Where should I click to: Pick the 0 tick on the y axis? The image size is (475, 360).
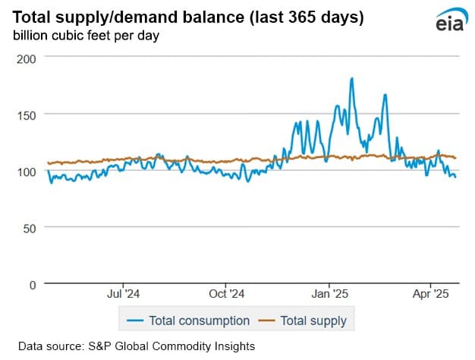(x=32, y=285)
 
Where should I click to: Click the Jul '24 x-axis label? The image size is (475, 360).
(x=123, y=293)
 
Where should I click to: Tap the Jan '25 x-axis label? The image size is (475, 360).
(x=330, y=293)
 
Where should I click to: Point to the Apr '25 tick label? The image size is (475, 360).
(x=431, y=293)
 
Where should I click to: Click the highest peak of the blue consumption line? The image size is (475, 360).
(x=352, y=78)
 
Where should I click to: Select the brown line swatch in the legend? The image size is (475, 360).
(x=268, y=321)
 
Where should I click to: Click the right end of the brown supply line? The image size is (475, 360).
(x=455, y=157)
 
